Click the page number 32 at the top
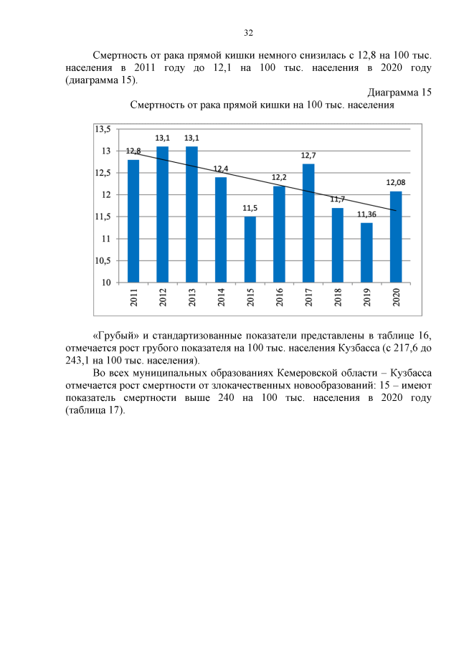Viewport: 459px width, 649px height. tap(249, 33)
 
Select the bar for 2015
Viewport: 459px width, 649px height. tap(250, 249)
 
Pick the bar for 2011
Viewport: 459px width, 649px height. tap(133, 220)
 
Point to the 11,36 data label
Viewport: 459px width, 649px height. tap(366, 214)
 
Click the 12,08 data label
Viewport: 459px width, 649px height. tap(396, 183)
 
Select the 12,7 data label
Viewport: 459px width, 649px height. tap(308, 155)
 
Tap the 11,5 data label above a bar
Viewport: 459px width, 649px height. tap(250, 208)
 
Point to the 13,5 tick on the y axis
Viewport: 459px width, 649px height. tap(104, 129)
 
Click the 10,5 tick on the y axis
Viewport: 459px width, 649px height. tap(104, 260)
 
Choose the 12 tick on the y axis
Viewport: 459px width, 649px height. tap(107, 195)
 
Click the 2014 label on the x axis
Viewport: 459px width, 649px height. tap(221, 297)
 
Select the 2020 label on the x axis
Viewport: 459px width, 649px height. tap(396, 297)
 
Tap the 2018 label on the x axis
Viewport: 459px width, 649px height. tap(338, 297)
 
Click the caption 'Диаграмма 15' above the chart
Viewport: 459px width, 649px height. tap(399, 93)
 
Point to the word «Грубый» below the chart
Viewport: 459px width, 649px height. tap(115, 336)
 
